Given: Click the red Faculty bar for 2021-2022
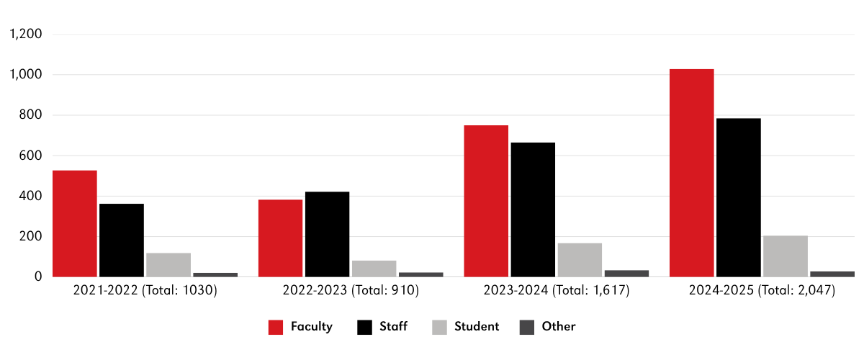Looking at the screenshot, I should tap(74, 223).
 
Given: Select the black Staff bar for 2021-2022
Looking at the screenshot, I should tap(122, 240).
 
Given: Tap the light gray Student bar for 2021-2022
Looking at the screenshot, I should tap(168, 264).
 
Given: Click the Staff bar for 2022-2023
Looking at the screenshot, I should tap(327, 234).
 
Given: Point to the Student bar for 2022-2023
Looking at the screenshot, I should tap(374, 268).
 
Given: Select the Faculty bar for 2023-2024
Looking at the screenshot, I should tap(486, 201).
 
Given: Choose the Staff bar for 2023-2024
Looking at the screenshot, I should tap(533, 210).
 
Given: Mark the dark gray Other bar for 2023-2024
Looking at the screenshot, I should tap(626, 273).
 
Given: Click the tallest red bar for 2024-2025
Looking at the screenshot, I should tap(691, 173).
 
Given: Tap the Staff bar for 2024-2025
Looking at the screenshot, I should tap(738, 197).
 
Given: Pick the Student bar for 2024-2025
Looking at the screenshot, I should tap(785, 256).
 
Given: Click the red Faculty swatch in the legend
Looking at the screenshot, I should tap(276, 327).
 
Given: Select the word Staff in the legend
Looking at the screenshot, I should tap(393, 327).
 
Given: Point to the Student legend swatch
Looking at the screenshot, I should tap(439, 327).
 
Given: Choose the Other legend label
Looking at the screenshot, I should tap(559, 327).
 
